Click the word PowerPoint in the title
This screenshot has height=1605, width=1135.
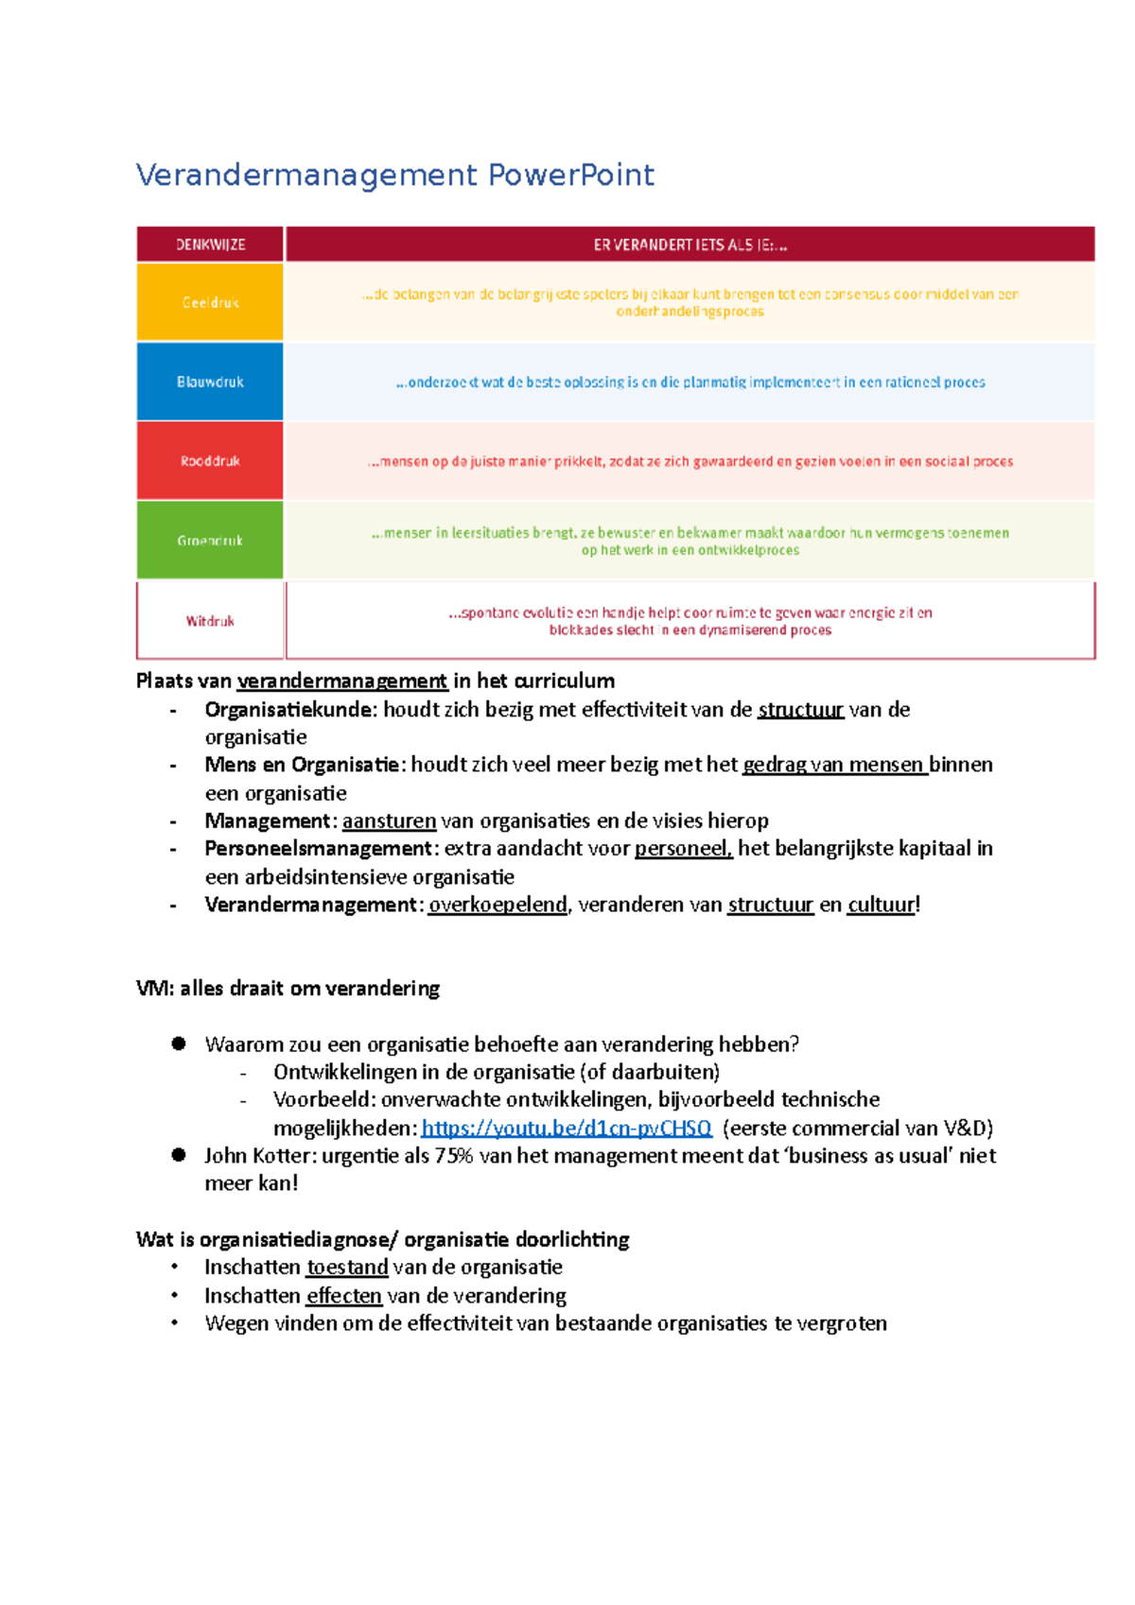point(570,175)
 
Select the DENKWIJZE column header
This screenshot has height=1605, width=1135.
point(210,245)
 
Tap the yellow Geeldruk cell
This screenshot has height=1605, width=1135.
point(210,302)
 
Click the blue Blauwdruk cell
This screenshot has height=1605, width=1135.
point(210,382)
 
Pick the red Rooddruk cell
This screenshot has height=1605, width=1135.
point(210,461)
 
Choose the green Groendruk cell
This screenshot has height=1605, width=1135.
point(210,541)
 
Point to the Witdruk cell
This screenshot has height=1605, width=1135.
point(210,621)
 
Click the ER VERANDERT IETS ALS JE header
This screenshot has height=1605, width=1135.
point(690,245)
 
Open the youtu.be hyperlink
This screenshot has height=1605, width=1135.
point(566,1128)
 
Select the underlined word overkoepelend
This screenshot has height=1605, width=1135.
point(498,905)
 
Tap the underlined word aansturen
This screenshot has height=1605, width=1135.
point(389,820)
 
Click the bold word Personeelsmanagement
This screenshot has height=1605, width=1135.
point(319,848)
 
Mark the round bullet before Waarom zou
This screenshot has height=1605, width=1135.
point(179,1044)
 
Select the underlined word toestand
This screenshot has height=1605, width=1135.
point(347,1267)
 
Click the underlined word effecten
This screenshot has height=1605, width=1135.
point(344,1295)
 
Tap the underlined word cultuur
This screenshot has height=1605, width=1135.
point(881,905)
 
